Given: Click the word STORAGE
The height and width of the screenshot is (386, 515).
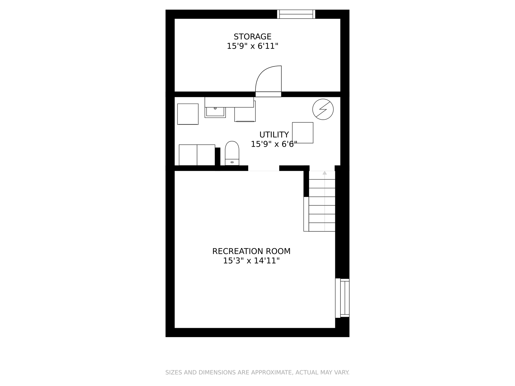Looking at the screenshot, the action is [252, 37].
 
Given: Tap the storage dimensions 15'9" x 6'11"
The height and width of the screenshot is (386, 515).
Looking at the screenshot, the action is [252, 46].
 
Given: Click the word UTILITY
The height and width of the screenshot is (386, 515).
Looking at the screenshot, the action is [274, 135].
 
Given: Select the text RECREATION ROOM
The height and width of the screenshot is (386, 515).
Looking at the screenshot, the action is [251, 251].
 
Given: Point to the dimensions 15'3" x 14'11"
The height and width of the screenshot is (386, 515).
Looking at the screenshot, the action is [251, 261].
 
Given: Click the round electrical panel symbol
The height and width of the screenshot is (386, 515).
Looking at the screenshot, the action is [323, 109].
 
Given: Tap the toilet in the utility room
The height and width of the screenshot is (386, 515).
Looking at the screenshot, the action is [232, 153].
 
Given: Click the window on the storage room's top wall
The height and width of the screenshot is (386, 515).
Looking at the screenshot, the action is [296, 14].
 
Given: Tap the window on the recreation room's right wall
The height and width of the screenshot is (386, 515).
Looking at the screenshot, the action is [342, 298].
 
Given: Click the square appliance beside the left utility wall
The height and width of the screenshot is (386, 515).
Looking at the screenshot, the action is [188, 114].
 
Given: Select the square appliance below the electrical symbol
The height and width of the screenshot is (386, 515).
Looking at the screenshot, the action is [303, 133].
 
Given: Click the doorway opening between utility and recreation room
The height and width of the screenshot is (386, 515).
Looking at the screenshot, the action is [264, 168].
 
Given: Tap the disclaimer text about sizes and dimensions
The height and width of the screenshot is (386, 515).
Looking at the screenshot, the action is [257, 372].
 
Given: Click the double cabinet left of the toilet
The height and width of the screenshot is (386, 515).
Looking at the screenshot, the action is [197, 155].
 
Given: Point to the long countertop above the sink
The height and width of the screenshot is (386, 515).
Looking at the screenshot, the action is [229, 102].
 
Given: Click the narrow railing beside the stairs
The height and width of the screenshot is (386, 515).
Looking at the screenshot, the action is [306, 214].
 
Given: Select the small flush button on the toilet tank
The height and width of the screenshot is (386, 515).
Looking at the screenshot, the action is [232, 162].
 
